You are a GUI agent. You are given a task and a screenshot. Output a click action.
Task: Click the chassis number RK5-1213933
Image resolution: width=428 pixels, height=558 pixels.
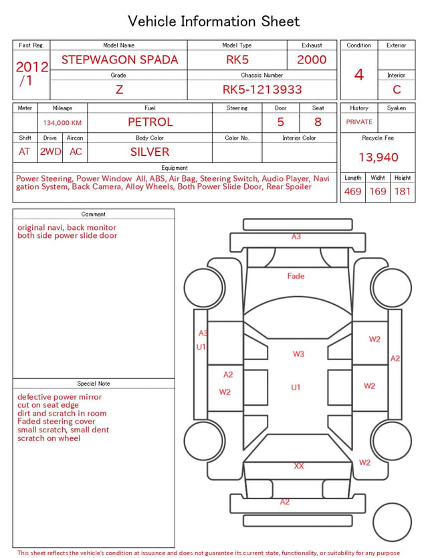(262, 90)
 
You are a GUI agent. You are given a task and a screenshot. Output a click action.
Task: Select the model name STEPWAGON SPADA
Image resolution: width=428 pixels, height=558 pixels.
(120, 59)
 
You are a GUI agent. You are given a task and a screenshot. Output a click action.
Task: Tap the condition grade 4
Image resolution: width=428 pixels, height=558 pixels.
(359, 75)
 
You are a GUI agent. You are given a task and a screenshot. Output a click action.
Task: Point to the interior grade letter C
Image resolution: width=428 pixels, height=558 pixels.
(397, 90)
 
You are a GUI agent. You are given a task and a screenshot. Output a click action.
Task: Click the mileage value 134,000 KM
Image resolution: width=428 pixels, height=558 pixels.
(62, 123)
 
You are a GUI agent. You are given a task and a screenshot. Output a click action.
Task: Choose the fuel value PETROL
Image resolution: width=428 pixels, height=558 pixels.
(150, 122)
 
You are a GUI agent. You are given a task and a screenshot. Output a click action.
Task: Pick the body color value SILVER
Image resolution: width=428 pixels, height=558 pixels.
(150, 152)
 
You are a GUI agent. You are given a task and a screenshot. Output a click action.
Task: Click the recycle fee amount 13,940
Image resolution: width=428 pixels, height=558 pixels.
(378, 157)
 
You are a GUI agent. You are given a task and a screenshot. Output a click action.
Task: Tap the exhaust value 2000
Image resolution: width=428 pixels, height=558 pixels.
(312, 59)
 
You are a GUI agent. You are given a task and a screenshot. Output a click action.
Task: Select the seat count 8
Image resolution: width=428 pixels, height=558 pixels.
(318, 122)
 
